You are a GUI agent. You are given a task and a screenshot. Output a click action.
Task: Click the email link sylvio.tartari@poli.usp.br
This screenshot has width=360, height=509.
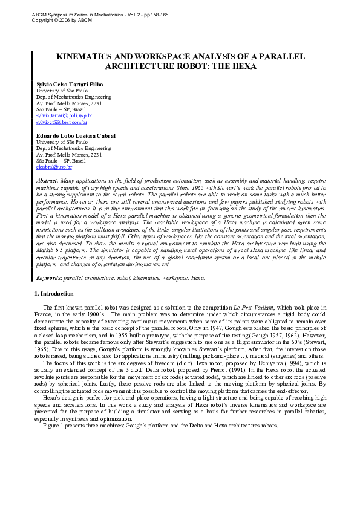[x=64, y=115]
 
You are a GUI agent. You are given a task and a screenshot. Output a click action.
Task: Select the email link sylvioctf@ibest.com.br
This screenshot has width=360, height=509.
[x=62, y=122]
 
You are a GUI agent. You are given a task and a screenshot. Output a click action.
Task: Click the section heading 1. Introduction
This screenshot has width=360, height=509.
[x=53, y=294]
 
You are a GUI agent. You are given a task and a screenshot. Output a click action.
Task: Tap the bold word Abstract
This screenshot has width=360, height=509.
[x=47, y=181]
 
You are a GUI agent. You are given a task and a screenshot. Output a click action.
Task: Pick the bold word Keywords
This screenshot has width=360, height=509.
[x=49, y=278]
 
